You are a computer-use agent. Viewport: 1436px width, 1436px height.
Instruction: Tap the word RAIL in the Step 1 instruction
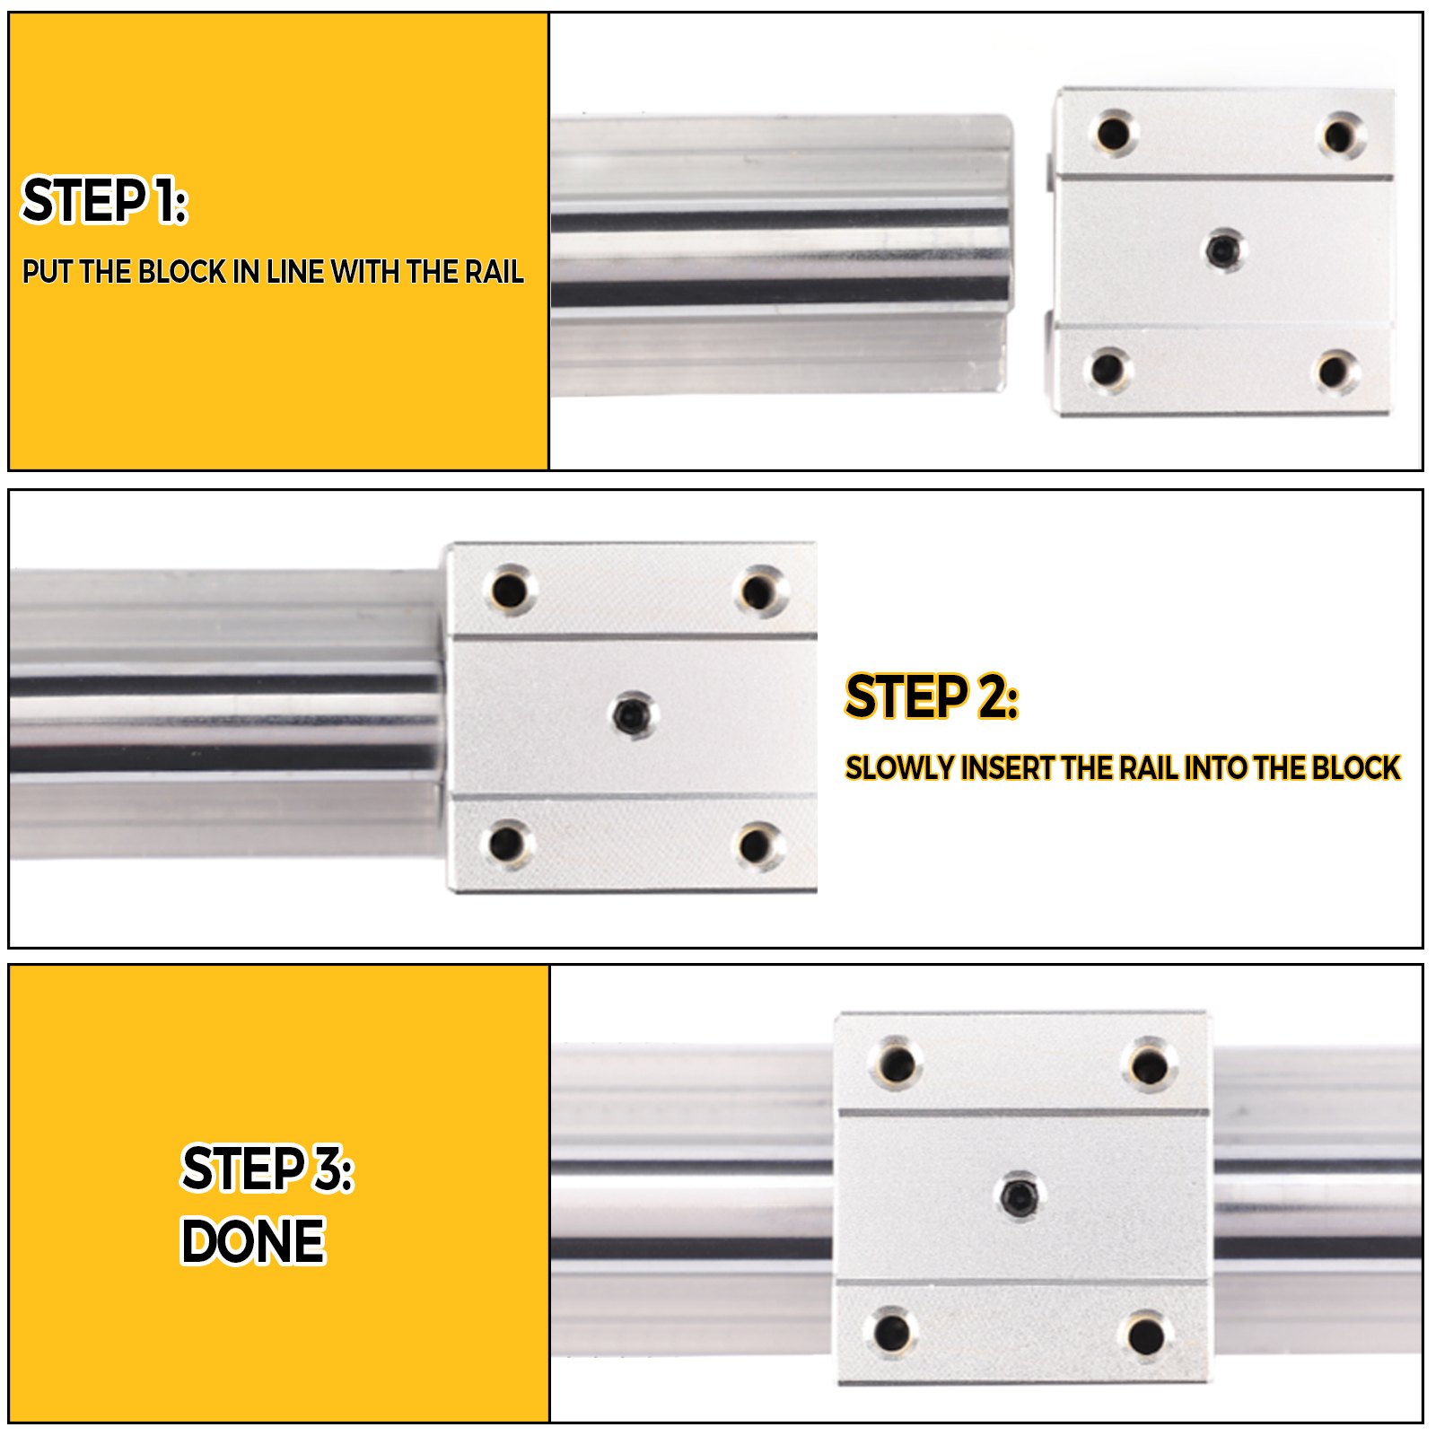(494, 272)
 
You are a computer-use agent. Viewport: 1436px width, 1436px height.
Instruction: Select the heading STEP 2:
(932, 696)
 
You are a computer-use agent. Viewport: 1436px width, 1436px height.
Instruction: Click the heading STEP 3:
(267, 1169)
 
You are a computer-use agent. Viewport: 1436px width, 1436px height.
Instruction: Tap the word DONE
(252, 1241)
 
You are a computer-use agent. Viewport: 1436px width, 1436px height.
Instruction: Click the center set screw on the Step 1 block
(1221, 249)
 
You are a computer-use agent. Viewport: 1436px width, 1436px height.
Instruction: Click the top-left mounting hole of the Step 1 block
(1113, 134)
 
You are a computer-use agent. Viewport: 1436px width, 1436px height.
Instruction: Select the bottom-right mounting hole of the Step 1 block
(1335, 371)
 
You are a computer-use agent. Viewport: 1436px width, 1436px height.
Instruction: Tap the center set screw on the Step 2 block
(633, 715)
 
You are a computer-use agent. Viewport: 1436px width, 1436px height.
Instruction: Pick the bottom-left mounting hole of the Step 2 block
(507, 844)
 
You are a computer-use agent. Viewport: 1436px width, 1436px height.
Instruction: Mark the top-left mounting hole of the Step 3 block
(895, 1064)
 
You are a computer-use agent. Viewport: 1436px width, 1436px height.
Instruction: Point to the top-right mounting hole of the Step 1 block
(1340, 136)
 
